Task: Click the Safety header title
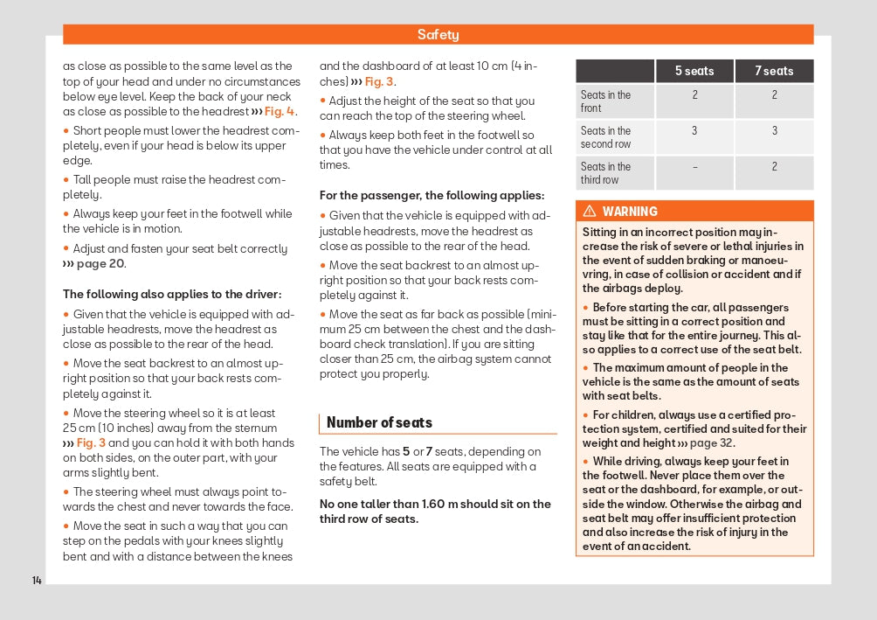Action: tap(438, 35)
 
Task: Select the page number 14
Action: tap(37, 581)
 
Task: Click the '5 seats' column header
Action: tap(694, 71)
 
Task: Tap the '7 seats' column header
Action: tap(774, 71)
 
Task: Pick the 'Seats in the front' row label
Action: tap(605, 101)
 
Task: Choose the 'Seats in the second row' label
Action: tap(605, 137)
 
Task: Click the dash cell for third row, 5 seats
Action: tap(695, 167)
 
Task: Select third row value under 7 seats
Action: tap(774, 167)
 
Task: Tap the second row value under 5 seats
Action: tap(695, 131)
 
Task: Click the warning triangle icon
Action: tap(590, 212)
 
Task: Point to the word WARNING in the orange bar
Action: tap(630, 212)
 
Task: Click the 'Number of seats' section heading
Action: tap(379, 422)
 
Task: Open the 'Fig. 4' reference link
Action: tap(280, 112)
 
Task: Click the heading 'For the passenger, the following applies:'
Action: tap(432, 196)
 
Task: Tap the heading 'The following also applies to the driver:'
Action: tap(171, 295)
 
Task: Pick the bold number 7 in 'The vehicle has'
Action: tap(429, 452)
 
